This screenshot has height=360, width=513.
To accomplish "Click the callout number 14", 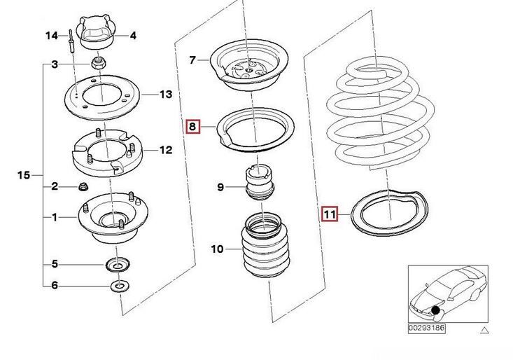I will (x=52, y=35).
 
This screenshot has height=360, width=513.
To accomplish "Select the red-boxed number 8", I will (x=192, y=127).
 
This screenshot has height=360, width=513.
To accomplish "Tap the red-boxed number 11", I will (x=329, y=212).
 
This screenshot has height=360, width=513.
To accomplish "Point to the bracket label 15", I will (x=23, y=175).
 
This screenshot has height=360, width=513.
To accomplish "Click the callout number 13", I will (x=165, y=95).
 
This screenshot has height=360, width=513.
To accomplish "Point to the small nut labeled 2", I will (x=83, y=187).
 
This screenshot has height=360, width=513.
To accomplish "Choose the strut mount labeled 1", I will (x=104, y=221).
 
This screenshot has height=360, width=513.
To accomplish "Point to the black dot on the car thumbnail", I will (x=436, y=310).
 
